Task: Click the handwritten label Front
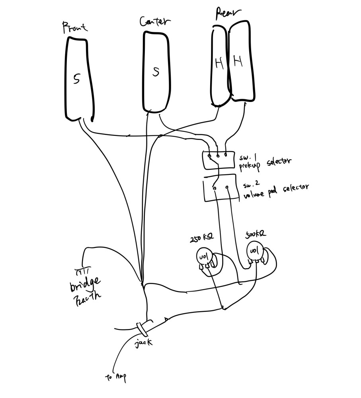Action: pyautogui.click(x=75, y=28)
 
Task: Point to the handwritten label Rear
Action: pyautogui.click(x=228, y=14)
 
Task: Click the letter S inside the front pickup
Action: pyautogui.click(x=77, y=79)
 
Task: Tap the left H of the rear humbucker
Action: pyautogui.click(x=219, y=63)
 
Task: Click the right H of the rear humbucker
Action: pyautogui.click(x=238, y=61)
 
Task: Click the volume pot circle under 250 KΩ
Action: pyautogui.click(x=203, y=257)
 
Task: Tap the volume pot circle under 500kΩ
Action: pyautogui.click(x=254, y=251)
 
